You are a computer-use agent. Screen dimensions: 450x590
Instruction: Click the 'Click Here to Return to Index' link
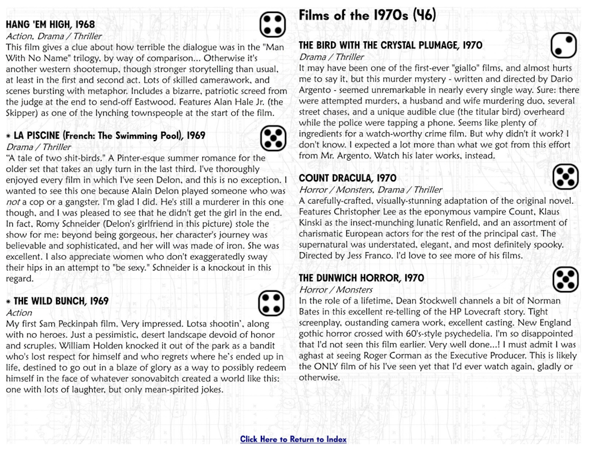click(x=293, y=439)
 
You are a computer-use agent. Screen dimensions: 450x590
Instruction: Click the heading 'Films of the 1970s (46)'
click(x=367, y=16)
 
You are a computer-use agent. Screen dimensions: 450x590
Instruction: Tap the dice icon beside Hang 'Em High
click(x=273, y=24)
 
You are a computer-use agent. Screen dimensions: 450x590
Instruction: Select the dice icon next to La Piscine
click(x=273, y=138)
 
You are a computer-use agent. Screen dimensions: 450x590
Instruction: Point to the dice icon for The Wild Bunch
click(x=271, y=303)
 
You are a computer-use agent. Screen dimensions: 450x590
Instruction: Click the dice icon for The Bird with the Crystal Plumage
click(x=563, y=46)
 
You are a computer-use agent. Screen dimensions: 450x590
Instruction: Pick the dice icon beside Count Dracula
click(x=565, y=177)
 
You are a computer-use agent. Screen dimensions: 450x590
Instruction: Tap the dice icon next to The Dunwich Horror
click(x=565, y=279)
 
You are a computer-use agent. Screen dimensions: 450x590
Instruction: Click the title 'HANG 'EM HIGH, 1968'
click(x=50, y=25)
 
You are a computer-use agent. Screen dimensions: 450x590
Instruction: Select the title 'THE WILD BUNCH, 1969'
click(x=61, y=301)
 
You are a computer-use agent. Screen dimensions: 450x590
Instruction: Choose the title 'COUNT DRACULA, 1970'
click(x=348, y=178)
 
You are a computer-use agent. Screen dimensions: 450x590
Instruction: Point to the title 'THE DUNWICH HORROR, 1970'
click(x=361, y=278)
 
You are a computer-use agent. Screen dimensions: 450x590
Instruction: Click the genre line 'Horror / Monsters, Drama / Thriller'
click(x=371, y=190)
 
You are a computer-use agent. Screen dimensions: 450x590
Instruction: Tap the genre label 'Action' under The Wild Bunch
click(x=19, y=312)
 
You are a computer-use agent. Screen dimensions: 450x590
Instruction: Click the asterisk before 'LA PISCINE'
click(x=8, y=136)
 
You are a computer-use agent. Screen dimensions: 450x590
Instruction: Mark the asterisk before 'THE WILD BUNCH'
click(x=8, y=302)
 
